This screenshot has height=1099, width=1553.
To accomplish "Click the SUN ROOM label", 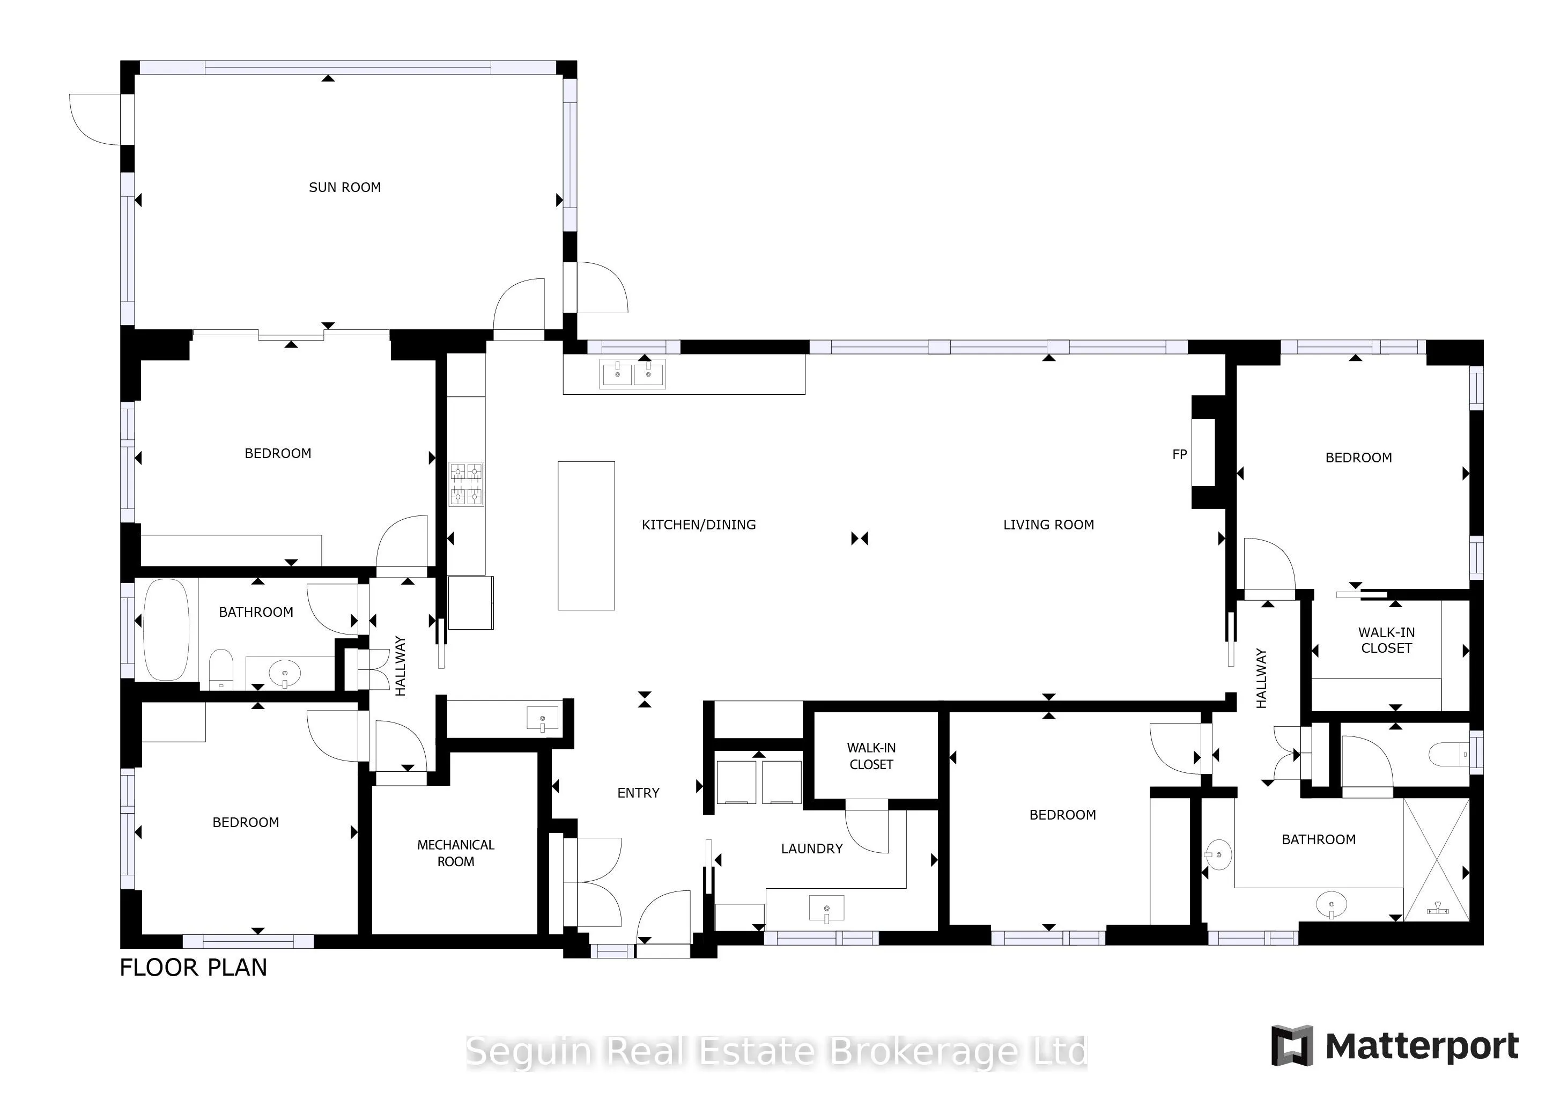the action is click(344, 187).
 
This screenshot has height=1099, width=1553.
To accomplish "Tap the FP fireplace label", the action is click(1180, 455).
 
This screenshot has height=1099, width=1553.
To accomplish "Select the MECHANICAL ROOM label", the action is click(456, 853).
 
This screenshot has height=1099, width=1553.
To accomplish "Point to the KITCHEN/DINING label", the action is click(699, 525).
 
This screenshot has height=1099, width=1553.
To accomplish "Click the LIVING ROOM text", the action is click(1048, 525).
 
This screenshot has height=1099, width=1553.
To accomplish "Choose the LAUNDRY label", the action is click(812, 849).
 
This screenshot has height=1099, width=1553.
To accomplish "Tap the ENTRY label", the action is click(638, 793).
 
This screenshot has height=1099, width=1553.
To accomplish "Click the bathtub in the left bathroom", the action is click(166, 629).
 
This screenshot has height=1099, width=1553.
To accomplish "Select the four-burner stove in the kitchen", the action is click(467, 484).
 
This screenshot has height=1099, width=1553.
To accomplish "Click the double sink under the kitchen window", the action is click(632, 373).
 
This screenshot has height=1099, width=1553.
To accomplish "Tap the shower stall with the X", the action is click(1437, 859).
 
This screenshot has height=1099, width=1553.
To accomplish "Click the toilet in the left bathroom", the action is click(220, 669).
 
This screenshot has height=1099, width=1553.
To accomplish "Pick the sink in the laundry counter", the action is click(826, 909).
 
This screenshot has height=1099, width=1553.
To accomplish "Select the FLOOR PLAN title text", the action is click(194, 968).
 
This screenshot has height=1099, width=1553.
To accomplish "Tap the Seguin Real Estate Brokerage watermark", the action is click(776, 1052).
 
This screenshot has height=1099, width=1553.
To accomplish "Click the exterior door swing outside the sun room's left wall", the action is click(95, 119).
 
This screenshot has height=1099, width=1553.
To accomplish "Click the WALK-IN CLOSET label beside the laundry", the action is click(871, 756).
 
